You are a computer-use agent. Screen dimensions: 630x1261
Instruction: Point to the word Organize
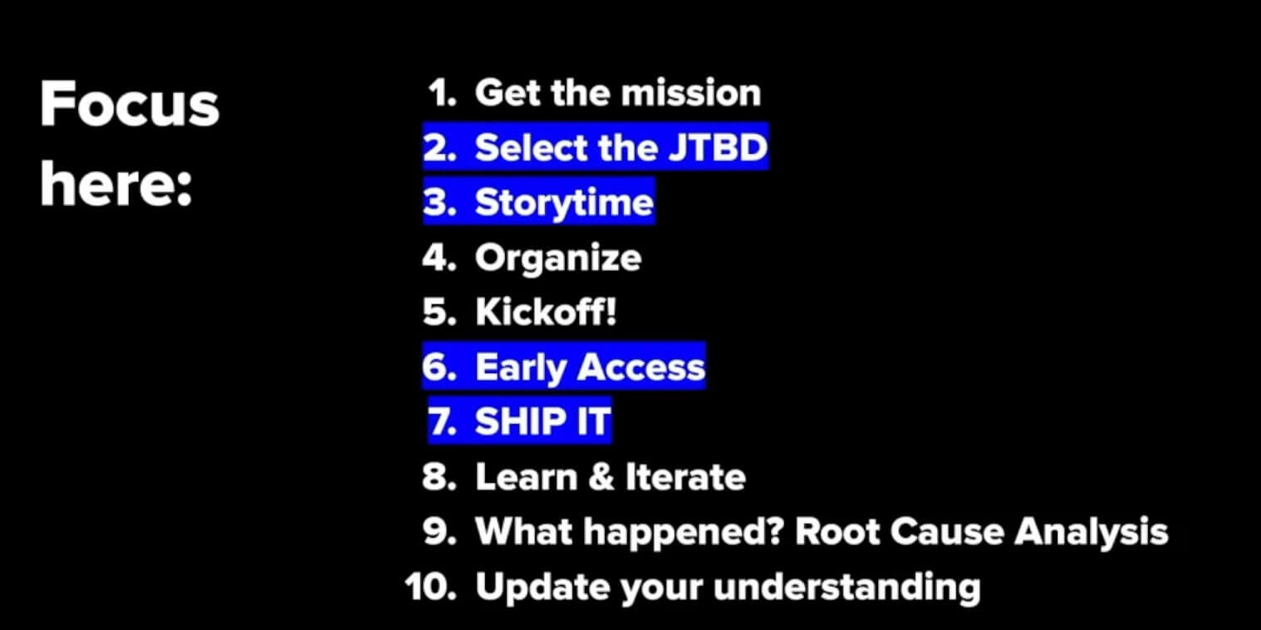[557, 258]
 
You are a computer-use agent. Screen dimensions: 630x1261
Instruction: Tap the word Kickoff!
[546, 313]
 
